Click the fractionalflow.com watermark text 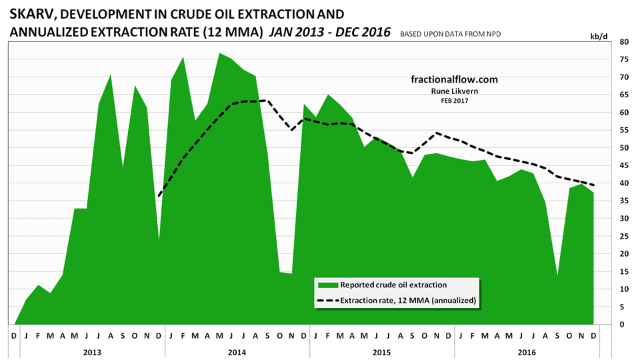454,79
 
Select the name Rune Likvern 454,91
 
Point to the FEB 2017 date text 454,101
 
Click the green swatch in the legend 328,285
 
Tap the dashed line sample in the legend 328,301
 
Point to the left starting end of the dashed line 159,195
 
